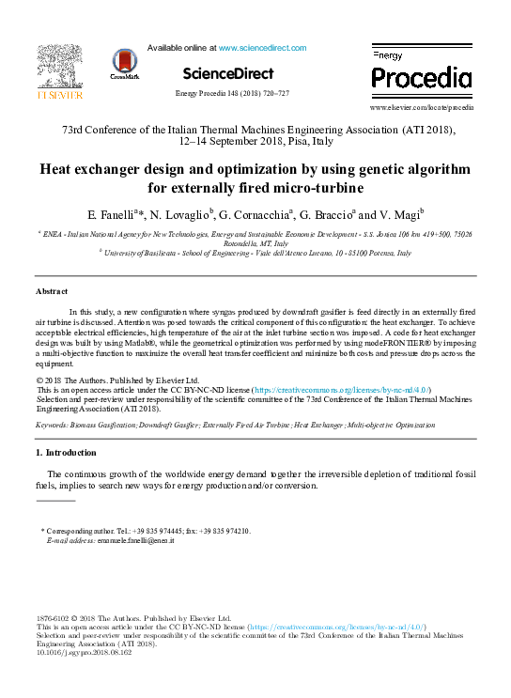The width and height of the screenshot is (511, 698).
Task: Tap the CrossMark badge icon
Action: pyautogui.click(x=124, y=63)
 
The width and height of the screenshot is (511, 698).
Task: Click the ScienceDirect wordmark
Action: pyautogui.click(x=228, y=73)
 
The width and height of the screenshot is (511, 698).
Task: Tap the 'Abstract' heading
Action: pyautogui.click(x=52, y=292)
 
